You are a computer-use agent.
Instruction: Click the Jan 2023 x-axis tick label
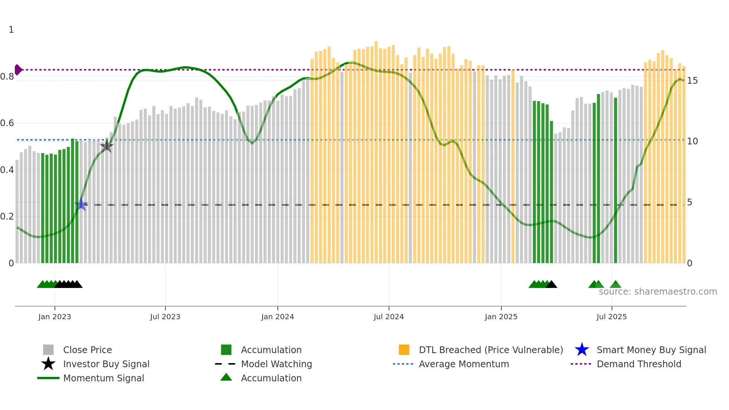[54, 317]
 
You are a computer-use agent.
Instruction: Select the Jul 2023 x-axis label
[165, 317]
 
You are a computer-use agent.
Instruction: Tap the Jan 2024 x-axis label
[277, 317]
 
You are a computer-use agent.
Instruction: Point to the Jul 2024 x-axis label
[389, 317]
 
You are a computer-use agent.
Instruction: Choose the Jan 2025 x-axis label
[501, 317]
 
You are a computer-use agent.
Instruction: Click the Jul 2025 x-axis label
[611, 317]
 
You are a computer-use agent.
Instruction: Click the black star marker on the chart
[107, 146]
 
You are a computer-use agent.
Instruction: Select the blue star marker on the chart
[81, 205]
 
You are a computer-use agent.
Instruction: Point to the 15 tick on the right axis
[692, 81]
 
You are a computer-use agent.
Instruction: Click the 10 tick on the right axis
[692, 141]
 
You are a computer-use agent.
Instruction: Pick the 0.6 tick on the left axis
[7, 123]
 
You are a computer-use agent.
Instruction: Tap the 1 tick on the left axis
[11, 30]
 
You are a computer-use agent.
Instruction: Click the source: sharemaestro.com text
[658, 292]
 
